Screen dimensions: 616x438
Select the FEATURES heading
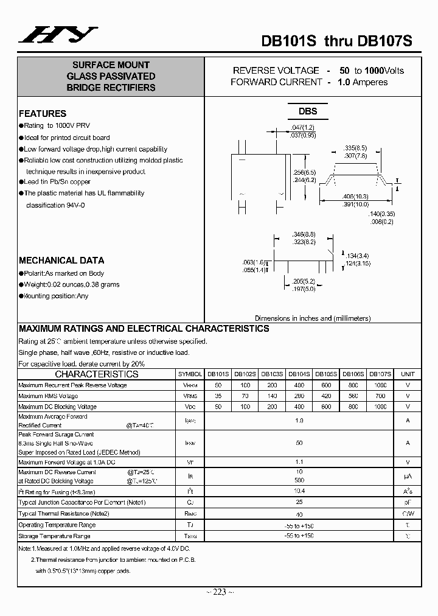[x=43, y=113]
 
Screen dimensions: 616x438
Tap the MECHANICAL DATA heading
[x=61, y=260]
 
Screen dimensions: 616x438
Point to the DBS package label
[x=307, y=111]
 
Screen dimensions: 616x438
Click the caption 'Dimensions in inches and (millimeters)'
[x=313, y=318]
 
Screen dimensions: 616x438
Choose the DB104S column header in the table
[x=299, y=374]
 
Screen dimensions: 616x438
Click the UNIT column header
[x=408, y=374]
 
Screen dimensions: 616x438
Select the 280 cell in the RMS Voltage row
[x=299, y=396]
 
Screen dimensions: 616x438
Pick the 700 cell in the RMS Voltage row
[x=381, y=396]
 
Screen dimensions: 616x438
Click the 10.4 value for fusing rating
[x=299, y=491]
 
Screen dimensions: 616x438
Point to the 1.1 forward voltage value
[x=299, y=462]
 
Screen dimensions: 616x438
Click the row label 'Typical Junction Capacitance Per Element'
[x=83, y=502]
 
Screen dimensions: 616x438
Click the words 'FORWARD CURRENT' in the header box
[x=276, y=82]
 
